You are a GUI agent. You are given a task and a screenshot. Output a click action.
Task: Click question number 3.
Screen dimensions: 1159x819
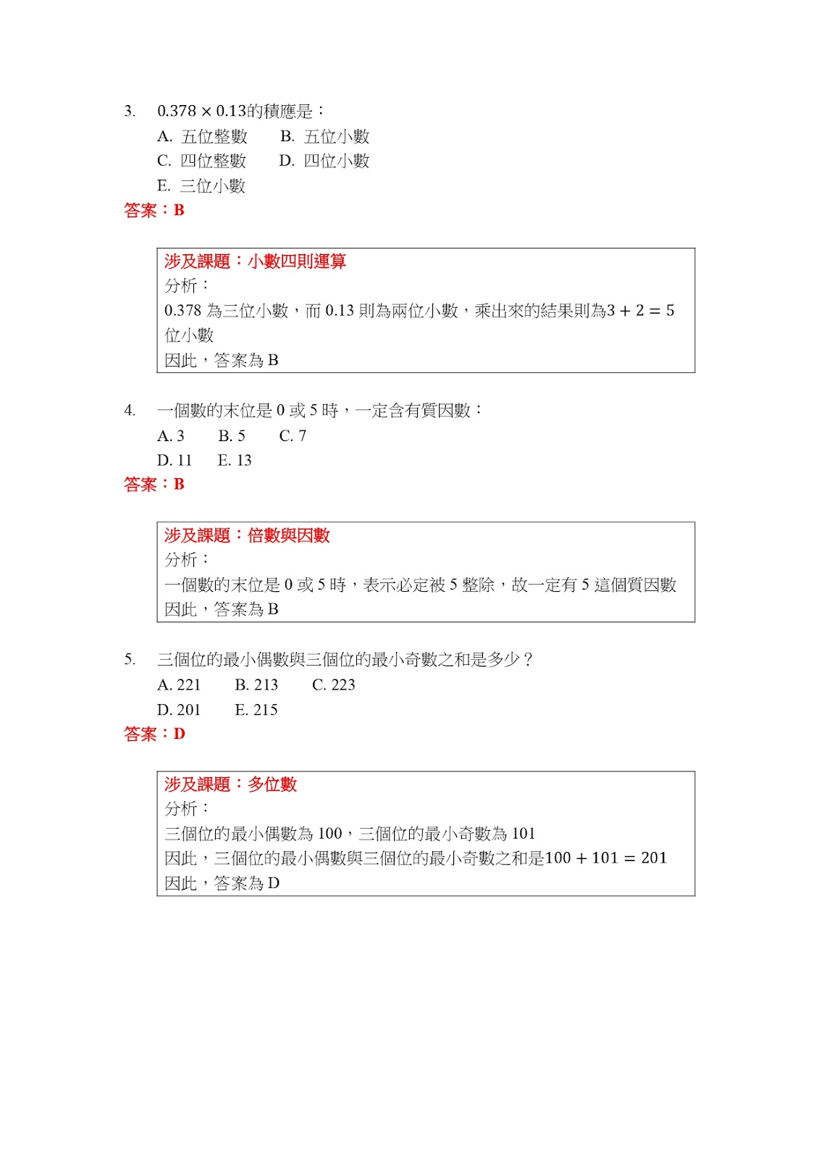click(129, 112)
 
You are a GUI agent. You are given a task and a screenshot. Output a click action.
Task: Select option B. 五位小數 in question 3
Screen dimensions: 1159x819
click(325, 136)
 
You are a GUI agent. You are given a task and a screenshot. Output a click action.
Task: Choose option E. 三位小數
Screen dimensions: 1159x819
click(201, 186)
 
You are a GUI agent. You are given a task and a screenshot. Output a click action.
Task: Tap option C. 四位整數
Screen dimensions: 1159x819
click(201, 161)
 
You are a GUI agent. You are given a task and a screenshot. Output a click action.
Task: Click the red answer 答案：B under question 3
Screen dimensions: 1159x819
click(154, 211)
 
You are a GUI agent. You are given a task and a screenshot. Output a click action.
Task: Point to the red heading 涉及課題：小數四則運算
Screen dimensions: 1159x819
click(255, 261)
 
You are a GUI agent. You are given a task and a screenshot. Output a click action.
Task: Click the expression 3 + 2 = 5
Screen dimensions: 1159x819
click(640, 311)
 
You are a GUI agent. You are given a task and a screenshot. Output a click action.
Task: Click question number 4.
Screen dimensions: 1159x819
click(129, 411)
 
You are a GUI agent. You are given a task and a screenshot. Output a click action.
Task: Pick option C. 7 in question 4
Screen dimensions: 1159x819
click(293, 436)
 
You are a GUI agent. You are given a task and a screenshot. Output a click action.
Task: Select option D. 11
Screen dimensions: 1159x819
click(175, 461)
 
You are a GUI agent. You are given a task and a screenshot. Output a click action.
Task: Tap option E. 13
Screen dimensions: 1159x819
click(235, 461)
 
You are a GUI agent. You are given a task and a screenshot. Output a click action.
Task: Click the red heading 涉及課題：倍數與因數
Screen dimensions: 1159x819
click(247, 535)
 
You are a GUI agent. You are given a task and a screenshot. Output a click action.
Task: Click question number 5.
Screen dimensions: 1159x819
click(129, 660)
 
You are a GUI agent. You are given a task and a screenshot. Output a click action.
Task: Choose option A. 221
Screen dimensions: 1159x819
click(179, 685)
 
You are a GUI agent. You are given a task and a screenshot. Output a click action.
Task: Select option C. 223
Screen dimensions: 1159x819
click(333, 685)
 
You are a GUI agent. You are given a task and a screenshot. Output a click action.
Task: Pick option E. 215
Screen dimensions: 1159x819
click(256, 710)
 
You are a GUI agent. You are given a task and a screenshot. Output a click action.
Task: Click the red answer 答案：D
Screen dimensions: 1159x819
click(154, 735)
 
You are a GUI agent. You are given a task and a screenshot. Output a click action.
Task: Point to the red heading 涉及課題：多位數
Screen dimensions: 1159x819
click(230, 784)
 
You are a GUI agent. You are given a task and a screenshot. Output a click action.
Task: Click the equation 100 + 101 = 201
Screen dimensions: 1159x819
click(605, 858)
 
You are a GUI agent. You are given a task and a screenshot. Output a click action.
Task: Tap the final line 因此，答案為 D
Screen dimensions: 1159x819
click(222, 884)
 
